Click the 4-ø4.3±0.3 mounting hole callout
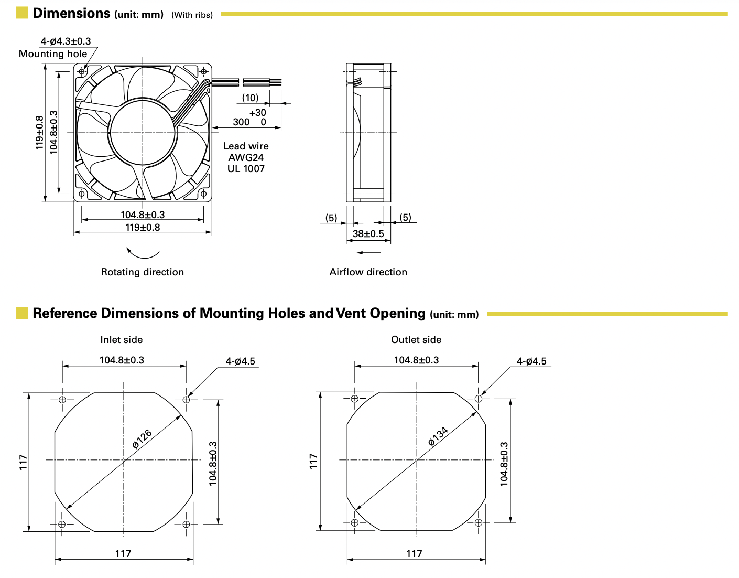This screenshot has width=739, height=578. click(66, 41)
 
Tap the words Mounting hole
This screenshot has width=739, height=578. click(53, 53)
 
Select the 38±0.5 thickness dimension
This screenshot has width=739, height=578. click(368, 234)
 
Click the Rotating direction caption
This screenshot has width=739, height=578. click(142, 272)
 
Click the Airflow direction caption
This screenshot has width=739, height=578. click(368, 272)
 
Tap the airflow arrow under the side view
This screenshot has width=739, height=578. click(369, 253)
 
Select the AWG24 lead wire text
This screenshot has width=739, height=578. click(246, 157)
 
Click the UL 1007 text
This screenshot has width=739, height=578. click(246, 169)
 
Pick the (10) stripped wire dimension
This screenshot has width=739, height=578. click(251, 98)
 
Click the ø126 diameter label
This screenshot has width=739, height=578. click(142, 439)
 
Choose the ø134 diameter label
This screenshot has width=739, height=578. click(438, 436)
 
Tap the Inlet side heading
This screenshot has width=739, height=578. click(122, 339)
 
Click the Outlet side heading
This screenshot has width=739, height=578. click(416, 339)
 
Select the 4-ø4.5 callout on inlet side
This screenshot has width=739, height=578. click(241, 361)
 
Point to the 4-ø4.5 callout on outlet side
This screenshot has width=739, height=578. click(531, 361)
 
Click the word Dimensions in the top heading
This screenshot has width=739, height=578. click(71, 13)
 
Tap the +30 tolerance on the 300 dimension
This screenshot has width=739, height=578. click(257, 113)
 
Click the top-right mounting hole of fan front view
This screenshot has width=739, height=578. click(203, 71)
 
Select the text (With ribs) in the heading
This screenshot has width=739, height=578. click(192, 15)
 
